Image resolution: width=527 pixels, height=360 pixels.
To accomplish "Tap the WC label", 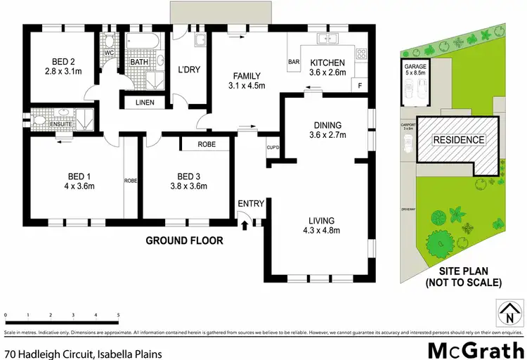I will [108, 52].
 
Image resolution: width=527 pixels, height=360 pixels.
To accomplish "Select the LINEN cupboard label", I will [145, 103].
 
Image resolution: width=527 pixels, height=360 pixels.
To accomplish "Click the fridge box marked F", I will [360, 86].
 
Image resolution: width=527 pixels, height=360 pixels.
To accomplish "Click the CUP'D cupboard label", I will [273, 148].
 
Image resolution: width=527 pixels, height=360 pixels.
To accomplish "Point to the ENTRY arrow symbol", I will [245, 226].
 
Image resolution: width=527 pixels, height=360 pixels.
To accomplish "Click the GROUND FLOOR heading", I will [184, 240].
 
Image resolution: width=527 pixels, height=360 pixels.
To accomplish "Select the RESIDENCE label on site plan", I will [458, 140].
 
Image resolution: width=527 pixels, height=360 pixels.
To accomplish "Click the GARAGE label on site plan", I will [416, 67].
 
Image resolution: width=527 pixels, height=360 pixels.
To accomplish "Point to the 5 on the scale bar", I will [118, 316].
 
